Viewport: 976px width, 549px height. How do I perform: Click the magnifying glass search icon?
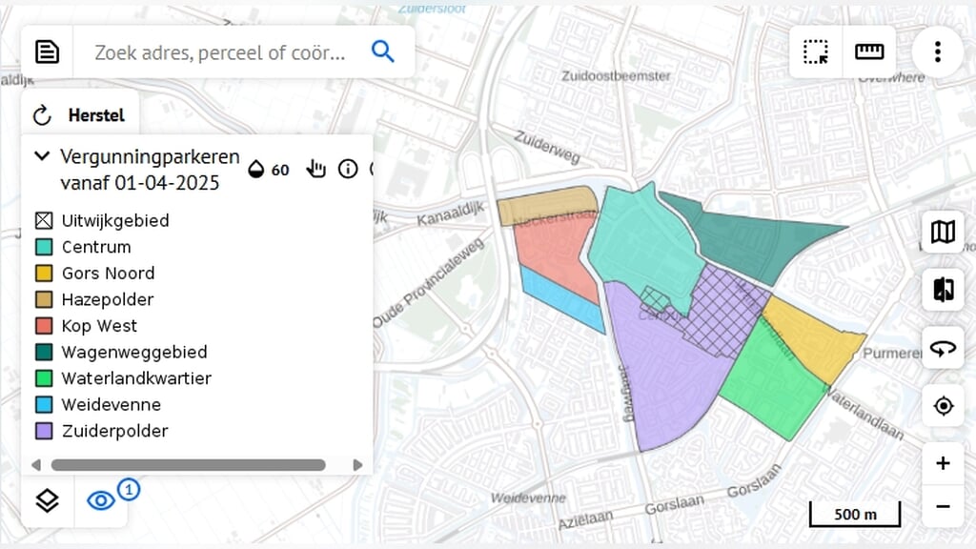pos(382,51)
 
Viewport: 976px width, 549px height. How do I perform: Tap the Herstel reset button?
pos(80,116)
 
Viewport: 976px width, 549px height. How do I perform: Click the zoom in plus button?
pos(943,464)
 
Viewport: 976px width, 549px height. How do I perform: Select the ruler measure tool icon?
pos(869,51)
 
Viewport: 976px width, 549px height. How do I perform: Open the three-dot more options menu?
pos(938,51)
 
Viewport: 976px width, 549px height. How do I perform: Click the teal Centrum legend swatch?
pos(44,247)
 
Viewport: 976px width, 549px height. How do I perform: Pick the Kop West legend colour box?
pos(44,326)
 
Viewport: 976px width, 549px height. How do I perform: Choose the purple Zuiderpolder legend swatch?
pos(44,431)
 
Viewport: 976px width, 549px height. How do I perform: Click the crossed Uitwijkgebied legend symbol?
pos(44,220)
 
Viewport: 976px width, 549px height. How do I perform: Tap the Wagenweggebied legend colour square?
pos(44,352)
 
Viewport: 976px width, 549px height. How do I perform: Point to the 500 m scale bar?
pos(855,516)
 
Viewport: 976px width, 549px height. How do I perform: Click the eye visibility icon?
pos(101,500)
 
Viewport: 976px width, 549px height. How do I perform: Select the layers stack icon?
pos(48,500)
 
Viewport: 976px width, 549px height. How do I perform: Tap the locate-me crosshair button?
pos(943,406)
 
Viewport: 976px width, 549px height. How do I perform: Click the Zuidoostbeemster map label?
pos(617,76)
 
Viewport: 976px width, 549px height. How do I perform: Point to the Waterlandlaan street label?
pos(864,410)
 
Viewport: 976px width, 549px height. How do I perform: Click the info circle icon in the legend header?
pos(348,169)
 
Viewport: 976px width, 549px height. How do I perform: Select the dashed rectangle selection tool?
pos(816,51)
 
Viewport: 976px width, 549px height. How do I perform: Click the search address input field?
pos(225,51)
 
